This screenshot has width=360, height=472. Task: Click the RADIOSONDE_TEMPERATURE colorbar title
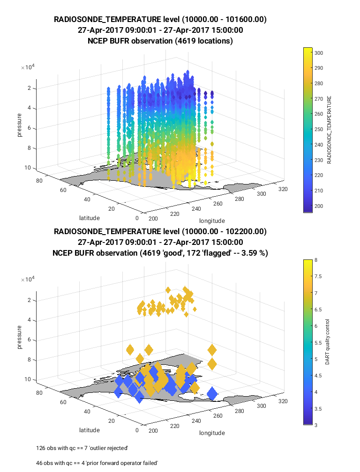(x=329, y=130)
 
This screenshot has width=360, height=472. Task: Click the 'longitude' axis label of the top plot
(x=212, y=221)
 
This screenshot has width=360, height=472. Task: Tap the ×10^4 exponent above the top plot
(x=27, y=67)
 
